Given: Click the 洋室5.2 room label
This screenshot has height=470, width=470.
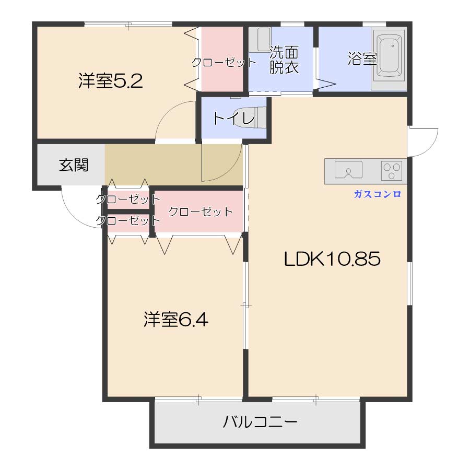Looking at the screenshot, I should pos(111,81).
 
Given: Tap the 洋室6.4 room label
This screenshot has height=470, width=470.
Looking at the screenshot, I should pos(176,319).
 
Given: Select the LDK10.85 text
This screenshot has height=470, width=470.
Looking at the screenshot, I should pos(332,258).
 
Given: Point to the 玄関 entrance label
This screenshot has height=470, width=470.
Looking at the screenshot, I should pos(74,166).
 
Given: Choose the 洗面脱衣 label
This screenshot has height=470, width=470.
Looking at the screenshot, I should pos(284,60).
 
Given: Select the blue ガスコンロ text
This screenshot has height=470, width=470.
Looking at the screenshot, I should pos(377,194).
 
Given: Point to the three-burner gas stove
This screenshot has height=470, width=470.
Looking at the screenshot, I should pos(392,170).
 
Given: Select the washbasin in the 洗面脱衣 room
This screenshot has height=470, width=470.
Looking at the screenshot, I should pos(259,40).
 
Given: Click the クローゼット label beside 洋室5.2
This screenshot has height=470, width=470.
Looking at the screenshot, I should pos(224,63).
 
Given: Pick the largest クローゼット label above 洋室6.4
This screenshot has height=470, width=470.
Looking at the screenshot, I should pos(200,211).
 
